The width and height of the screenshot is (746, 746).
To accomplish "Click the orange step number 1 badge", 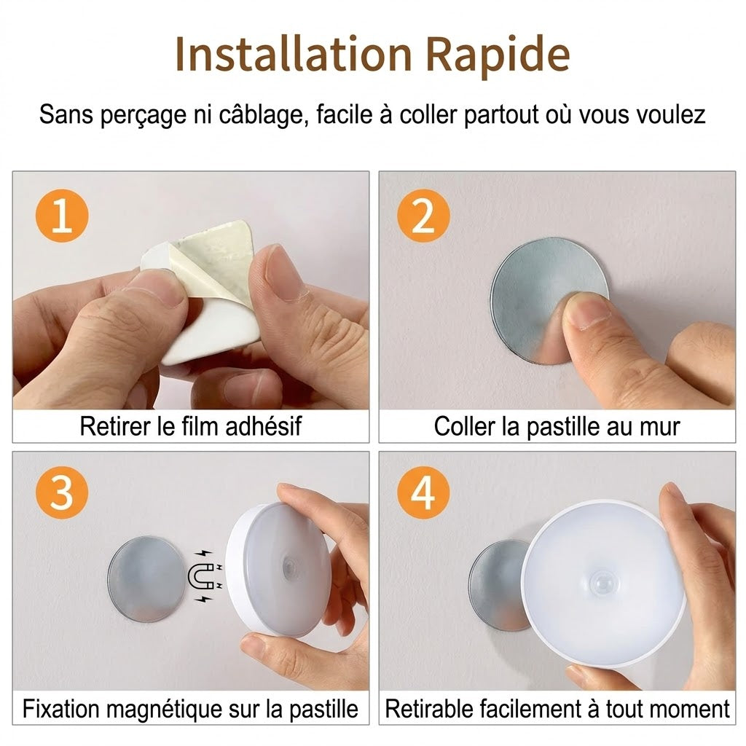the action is [62, 216].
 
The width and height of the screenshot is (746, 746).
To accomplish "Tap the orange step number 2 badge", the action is [423, 216].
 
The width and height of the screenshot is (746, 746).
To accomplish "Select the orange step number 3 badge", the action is [62, 492].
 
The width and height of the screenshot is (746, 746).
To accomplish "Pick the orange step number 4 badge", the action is [423, 492].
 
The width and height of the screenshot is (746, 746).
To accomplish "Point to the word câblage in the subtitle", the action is [261, 116].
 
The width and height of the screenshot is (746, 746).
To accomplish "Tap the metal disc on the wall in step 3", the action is [146, 579].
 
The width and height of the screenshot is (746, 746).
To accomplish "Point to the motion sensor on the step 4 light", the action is [602, 583].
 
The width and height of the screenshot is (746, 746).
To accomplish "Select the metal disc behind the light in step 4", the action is [497, 585].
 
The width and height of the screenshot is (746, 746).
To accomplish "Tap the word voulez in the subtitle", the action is [671, 115].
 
